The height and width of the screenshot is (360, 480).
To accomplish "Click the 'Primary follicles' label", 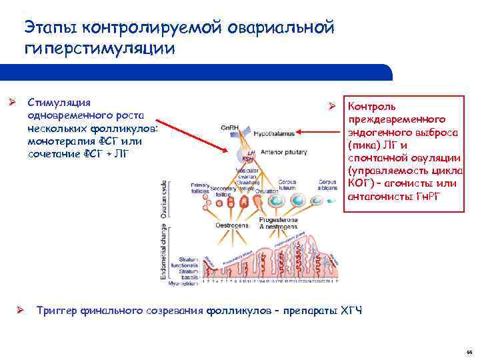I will pyautogui.click(x=200, y=187).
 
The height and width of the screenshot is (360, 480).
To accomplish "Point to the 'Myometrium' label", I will pyautogui.click(x=183, y=283).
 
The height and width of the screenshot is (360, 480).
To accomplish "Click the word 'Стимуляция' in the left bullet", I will pyautogui.click(x=59, y=102).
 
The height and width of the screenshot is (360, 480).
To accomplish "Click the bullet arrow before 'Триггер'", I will pyautogui.click(x=21, y=310).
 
